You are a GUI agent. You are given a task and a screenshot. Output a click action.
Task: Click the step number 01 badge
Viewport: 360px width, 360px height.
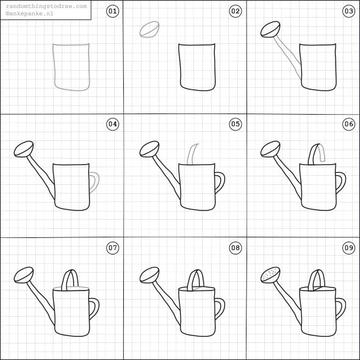pyautogui.click(x=112, y=11)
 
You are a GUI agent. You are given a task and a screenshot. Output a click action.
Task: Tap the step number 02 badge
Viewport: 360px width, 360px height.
pyautogui.click(x=235, y=11)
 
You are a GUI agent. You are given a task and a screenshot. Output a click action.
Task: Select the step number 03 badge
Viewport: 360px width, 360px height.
pyautogui.click(x=348, y=11)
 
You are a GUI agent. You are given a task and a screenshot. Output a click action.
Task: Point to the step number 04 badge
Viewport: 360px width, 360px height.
pyautogui.click(x=112, y=124)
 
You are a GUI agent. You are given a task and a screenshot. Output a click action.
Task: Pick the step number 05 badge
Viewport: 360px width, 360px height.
pyautogui.click(x=235, y=124)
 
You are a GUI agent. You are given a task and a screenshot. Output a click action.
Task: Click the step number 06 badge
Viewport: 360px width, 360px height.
pyautogui.click(x=348, y=124)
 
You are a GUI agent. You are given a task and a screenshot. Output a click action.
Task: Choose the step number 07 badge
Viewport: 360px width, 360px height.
pyautogui.click(x=112, y=248)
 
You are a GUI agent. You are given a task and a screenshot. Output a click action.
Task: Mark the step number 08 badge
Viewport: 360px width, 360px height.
pyautogui.click(x=235, y=248)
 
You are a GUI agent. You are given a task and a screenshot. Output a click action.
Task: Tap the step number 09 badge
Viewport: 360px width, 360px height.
pyautogui.click(x=348, y=248)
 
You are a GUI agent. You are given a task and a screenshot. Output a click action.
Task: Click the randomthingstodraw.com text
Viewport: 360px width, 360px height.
pyautogui.click(x=46, y=5)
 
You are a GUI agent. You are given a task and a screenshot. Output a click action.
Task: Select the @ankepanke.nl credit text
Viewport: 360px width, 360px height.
pyautogui.click(x=30, y=12)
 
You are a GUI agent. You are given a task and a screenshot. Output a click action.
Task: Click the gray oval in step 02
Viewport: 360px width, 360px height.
pyautogui.click(x=149, y=29)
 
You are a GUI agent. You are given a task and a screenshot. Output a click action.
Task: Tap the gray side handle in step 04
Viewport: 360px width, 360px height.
pyautogui.click(x=95, y=182)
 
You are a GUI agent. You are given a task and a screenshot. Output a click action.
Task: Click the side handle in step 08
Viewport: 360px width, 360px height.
pyautogui.click(x=218, y=309)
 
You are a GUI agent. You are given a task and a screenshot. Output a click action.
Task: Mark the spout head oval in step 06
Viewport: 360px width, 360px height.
pyautogui.click(x=270, y=148)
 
